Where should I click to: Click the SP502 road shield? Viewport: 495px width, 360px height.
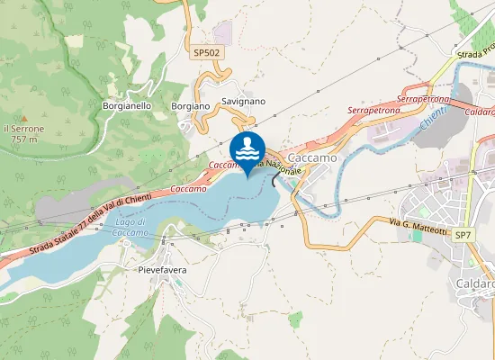click(x=207, y=53)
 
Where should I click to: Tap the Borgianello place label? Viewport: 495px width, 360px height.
click(x=127, y=105)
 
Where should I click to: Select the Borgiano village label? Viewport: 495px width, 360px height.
click(x=190, y=105)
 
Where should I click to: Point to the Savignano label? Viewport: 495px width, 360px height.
click(x=243, y=102)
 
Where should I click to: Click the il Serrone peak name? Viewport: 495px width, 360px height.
click(x=24, y=129)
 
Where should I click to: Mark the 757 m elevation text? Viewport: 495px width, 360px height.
click(x=24, y=139)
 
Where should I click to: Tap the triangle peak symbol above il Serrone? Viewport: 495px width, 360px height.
click(x=24, y=118)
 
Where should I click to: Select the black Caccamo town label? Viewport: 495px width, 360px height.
click(x=315, y=157)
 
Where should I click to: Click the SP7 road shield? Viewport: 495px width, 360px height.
click(x=463, y=235)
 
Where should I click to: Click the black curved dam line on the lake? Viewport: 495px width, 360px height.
click(x=274, y=179)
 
